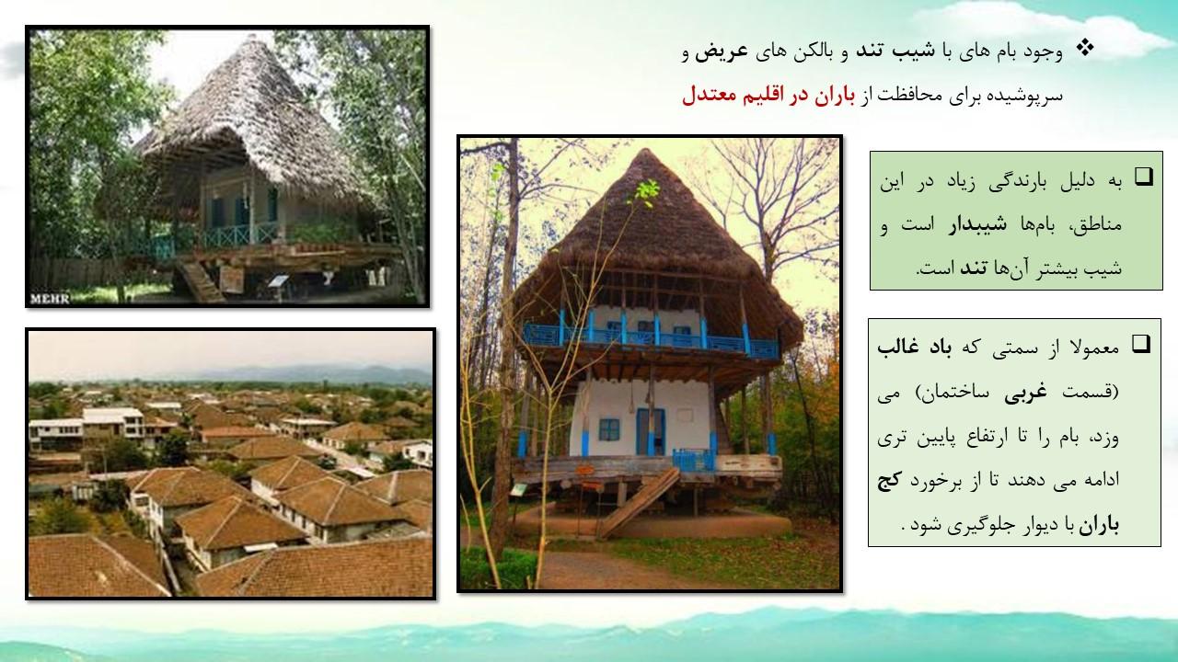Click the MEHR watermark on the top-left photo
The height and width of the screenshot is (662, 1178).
coord(50,299)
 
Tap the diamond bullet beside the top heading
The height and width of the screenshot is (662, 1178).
coord(1084,49)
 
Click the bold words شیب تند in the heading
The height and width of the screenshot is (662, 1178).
coord(895,51)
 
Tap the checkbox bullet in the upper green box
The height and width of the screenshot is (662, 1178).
coord(1143,177)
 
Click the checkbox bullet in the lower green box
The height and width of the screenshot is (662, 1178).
coord(1141,344)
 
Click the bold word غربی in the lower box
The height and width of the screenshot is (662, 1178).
coord(1025,393)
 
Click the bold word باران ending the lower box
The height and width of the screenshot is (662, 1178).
coord(1099,525)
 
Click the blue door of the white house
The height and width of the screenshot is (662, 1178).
coord(651,431)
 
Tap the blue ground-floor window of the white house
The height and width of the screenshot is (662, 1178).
coord(609,429)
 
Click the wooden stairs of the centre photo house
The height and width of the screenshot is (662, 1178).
coord(638,503)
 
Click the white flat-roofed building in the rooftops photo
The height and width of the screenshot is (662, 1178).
coord(112,420)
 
